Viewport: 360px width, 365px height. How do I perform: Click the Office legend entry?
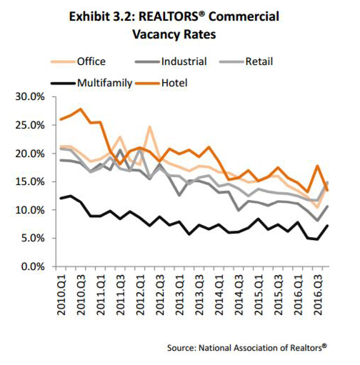[78, 61]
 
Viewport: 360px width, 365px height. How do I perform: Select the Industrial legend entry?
[171, 61]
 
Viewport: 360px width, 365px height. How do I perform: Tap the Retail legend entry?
[246, 61]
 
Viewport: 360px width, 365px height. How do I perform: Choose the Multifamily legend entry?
[91, 83]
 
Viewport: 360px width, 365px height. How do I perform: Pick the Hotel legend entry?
[161, 83]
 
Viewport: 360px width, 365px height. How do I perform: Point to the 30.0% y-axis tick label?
[30, 97]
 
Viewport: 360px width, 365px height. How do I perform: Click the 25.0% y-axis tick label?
[30, 125]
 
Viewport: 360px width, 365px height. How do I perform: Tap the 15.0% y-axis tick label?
[30, 181]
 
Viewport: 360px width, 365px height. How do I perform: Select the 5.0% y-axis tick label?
[33, 238]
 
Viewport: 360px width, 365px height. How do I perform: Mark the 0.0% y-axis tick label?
[33, 266]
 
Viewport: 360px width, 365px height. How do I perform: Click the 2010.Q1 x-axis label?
[61, 295]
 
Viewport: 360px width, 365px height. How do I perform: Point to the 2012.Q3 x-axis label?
[161, 295]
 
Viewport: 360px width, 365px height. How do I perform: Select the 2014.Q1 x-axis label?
[219, 295]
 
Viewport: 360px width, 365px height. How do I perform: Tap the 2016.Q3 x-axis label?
[319, 295]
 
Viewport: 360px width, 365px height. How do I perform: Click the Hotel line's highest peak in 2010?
[81, 109]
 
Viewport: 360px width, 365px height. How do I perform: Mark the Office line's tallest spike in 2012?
[149, 126]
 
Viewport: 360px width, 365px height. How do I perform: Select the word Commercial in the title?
[244, 16]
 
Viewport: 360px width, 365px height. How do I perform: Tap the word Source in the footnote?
[181, 348]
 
